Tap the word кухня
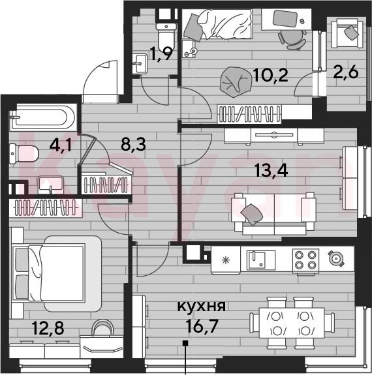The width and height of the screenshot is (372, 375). coord(201,307)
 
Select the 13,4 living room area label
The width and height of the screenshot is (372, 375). coord(271,170)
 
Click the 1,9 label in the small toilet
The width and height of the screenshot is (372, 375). coord(161,54)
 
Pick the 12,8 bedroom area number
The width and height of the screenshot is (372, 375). coord(48,328)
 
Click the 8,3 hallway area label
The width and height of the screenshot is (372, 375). coord(133,144)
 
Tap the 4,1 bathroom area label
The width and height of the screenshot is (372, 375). coord(60,145)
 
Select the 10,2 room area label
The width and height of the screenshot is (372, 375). coord(270,75)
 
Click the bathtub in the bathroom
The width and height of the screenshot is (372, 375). coord(42,117)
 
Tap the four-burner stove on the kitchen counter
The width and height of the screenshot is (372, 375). coord(305,260)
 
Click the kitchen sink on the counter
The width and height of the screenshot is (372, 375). coord(261,260)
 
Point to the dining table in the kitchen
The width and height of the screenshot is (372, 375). coord(292,323)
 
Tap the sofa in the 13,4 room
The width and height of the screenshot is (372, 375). coord(273,213)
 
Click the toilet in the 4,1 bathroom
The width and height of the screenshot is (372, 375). coord(23,153)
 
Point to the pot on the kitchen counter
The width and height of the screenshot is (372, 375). coord(336,258)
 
